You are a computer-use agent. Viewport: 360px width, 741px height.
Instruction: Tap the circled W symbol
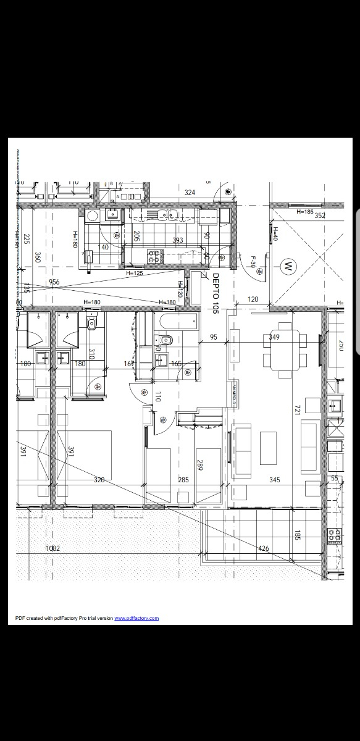click(287, 267)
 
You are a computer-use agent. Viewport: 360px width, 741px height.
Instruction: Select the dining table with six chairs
click(285, 351)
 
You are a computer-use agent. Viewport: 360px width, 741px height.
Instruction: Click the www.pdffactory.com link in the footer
click(136, 618)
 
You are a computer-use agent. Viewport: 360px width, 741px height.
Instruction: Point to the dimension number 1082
click(53, 548)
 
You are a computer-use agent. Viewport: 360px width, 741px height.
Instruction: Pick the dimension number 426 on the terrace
click(264, 548)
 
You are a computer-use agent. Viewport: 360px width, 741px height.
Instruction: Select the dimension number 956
click(54, 283)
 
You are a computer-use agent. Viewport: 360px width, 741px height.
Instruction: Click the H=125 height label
click(135, 273)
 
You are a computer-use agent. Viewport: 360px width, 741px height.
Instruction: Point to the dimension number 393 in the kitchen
click(178, 240)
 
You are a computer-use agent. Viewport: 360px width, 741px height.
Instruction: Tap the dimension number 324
click(190, 193)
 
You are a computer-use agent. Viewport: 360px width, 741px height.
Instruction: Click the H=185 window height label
click(305, 212)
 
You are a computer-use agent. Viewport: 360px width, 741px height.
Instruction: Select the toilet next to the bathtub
click(165, 339)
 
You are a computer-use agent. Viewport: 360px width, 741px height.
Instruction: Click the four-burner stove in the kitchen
click(153, 255)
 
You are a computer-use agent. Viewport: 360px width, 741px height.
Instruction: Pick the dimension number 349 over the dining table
click(275, 337)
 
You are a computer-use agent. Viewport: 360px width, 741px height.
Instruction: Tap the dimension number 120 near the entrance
click(253, 299)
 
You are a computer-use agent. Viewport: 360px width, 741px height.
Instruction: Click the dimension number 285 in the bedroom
click(183, 479)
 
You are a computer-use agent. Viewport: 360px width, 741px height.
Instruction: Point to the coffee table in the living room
click(268, 448)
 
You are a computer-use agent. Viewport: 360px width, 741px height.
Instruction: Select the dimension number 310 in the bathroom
click(91, 354)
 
